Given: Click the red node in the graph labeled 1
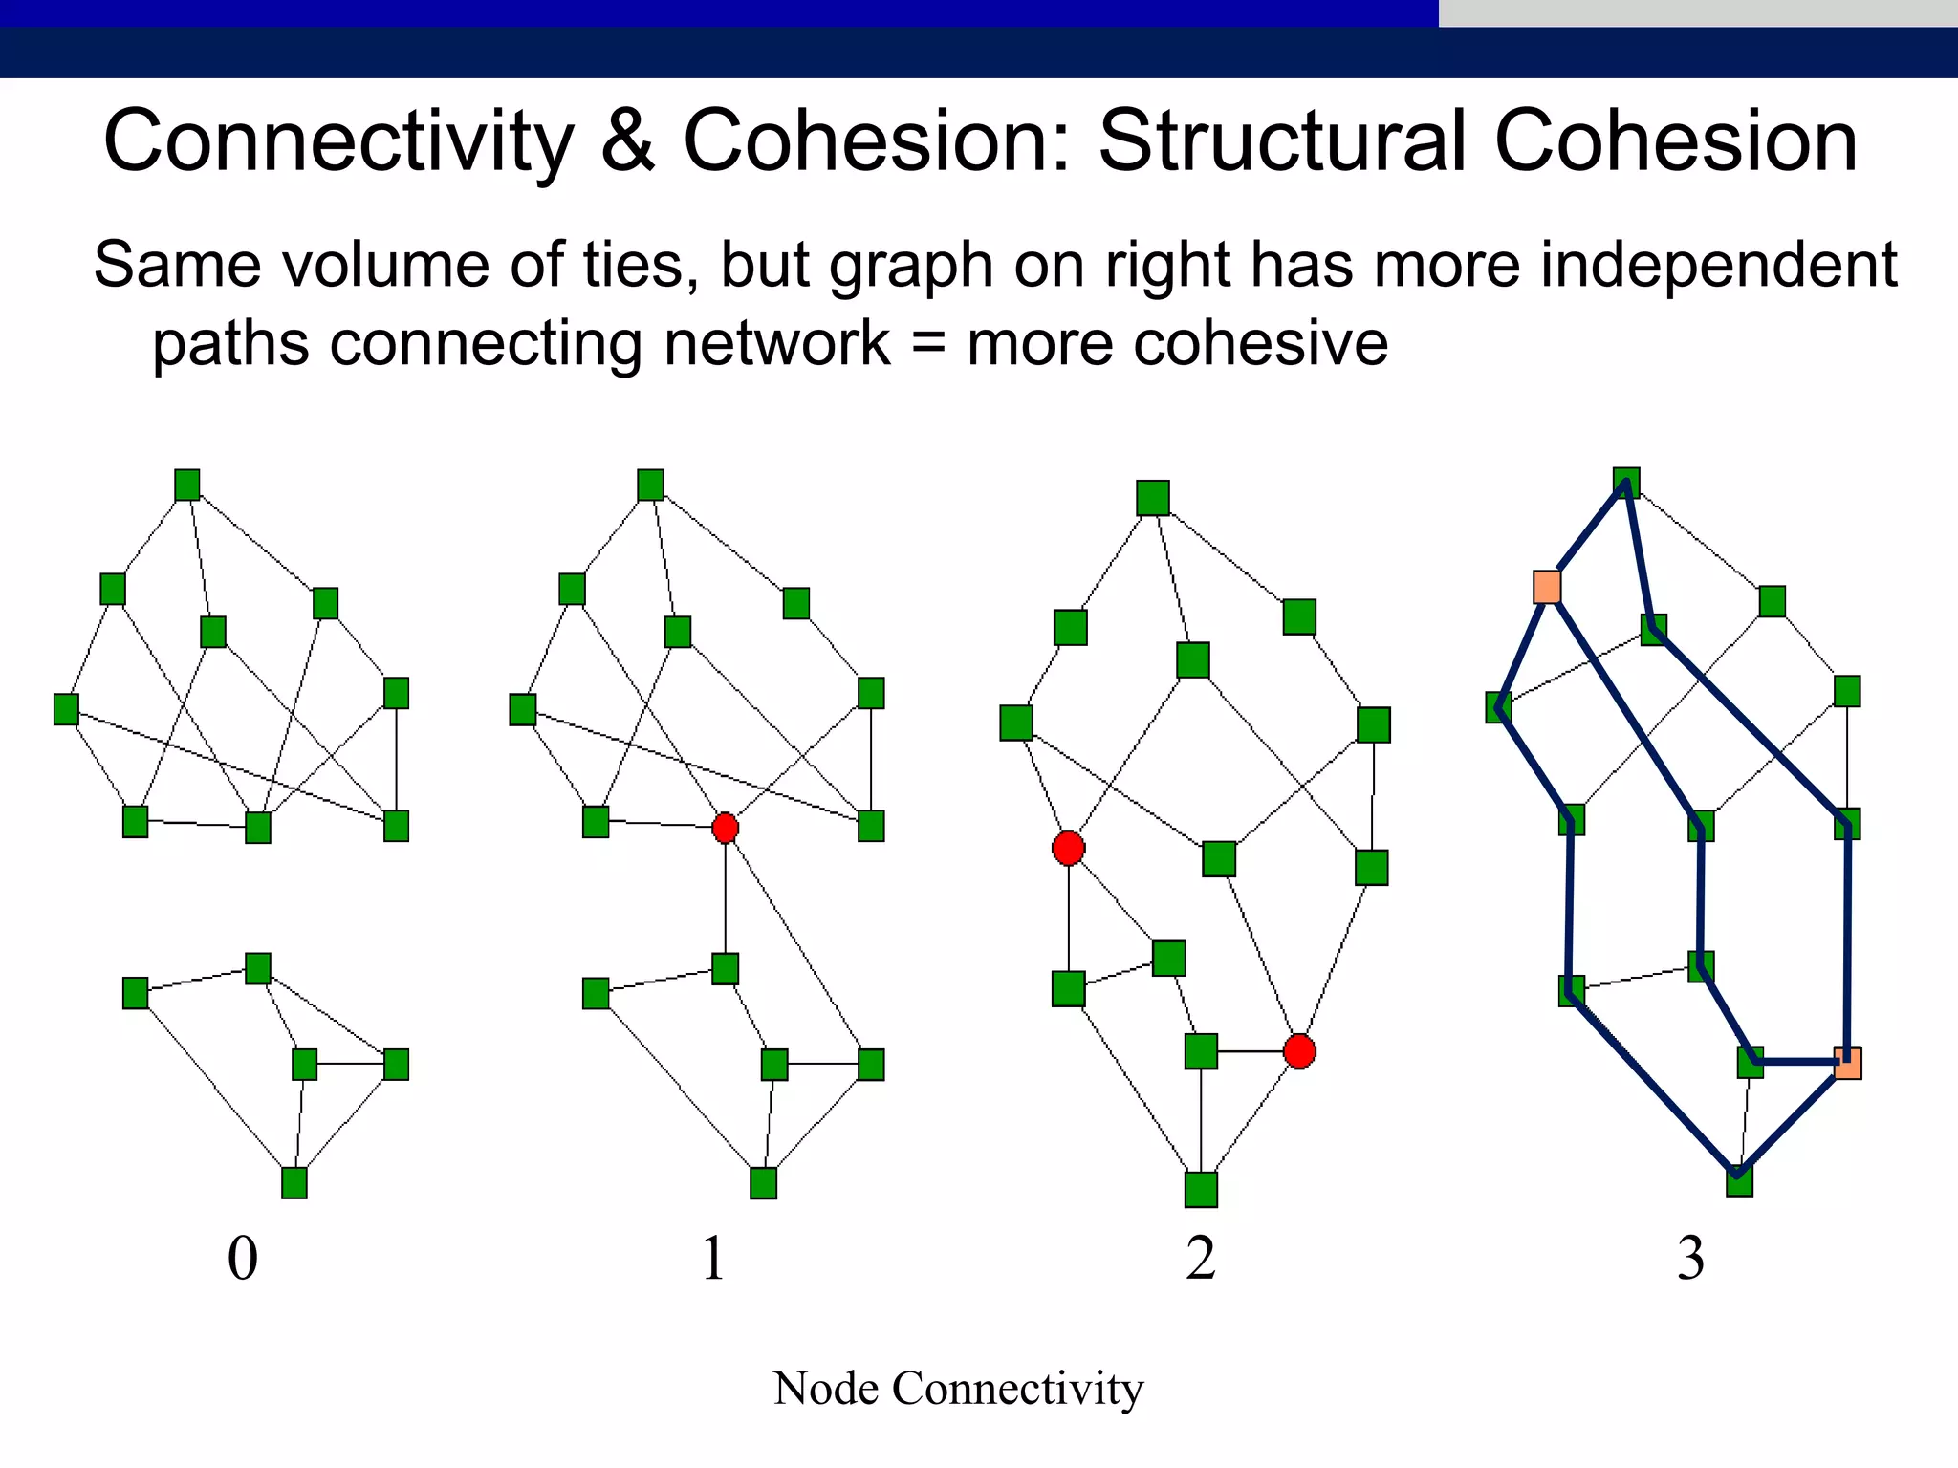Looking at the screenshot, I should click(x=726, y=828).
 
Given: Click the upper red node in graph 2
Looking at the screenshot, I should click(x=1068, y=848).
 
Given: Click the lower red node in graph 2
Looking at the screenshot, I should click(x=1299, y=1051).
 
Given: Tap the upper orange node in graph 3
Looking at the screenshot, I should click(x=1547, y=587).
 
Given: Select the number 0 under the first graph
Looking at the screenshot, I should click(x=243, y=1258).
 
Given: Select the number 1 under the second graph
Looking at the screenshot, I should click(x=713, y=1258).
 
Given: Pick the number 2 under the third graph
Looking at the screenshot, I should click(x=1201, y=1258).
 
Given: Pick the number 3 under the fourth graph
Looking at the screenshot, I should click(x=1690, y=1258).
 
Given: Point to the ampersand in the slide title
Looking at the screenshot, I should click(x=628, y=141).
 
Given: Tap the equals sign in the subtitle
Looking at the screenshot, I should click(x=927, y=344).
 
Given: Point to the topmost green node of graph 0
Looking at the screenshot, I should click(x=187, y=486).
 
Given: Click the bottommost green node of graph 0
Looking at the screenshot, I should click(x=294, y=1183).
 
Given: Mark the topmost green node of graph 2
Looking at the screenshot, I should click(x=1153, y=498).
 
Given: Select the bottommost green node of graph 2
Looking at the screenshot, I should click(x=1201, y=1190).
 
